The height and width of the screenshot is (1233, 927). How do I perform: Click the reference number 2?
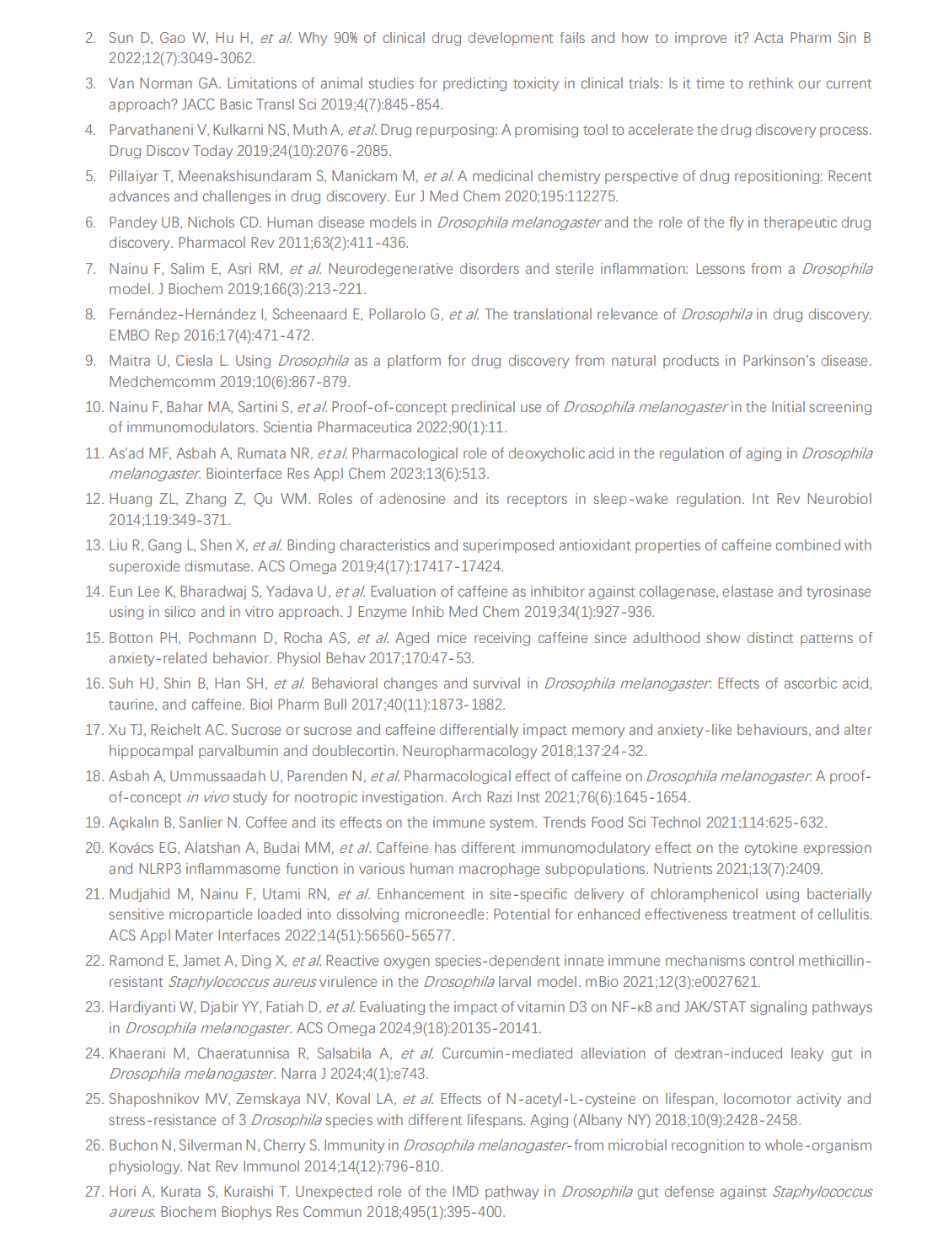pos(90,38)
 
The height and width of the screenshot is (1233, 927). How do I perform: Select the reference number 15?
pos(94,638)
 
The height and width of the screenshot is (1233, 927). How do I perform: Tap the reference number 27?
pos(94,1192)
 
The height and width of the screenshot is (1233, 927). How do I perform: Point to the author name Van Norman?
pos(142,83)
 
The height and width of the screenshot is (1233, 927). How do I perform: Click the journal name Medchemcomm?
pos(148,381)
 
